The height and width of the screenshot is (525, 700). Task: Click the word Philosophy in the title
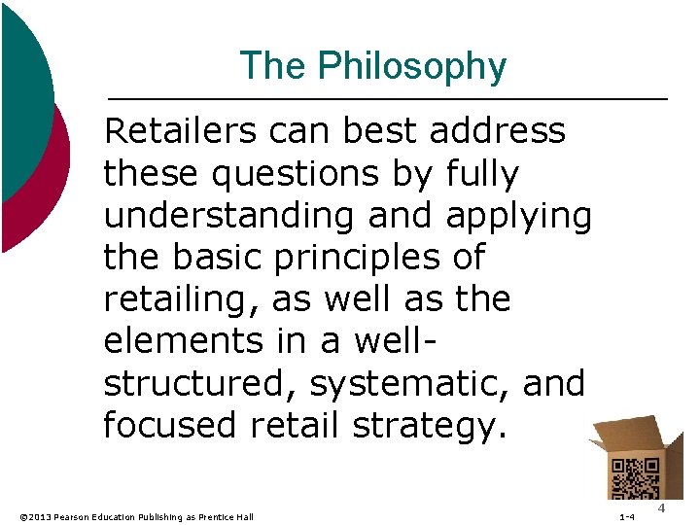click(413, 66)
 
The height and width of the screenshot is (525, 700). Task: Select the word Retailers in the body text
click(184, 130)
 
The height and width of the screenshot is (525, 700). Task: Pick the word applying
click(518, 216)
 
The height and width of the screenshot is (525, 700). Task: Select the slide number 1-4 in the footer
click(627, 516)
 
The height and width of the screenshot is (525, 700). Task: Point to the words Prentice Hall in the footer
click(229, 516)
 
